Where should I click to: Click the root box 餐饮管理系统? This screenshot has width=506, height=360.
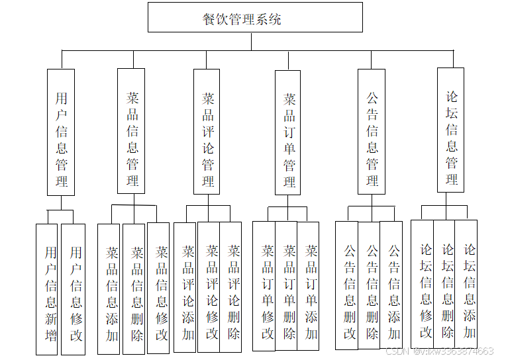tap(255, 18)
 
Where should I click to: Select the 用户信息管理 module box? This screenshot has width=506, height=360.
tap(61, 132)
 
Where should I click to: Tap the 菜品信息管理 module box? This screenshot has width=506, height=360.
tap(131, 131)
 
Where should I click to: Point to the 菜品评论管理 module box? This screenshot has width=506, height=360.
tap(207, 131)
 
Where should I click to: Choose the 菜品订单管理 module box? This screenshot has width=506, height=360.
tap(288, 132)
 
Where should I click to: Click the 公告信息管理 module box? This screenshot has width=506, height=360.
tap(372, 131)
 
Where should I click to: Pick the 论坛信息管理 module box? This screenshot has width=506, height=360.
tap(450, 130)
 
